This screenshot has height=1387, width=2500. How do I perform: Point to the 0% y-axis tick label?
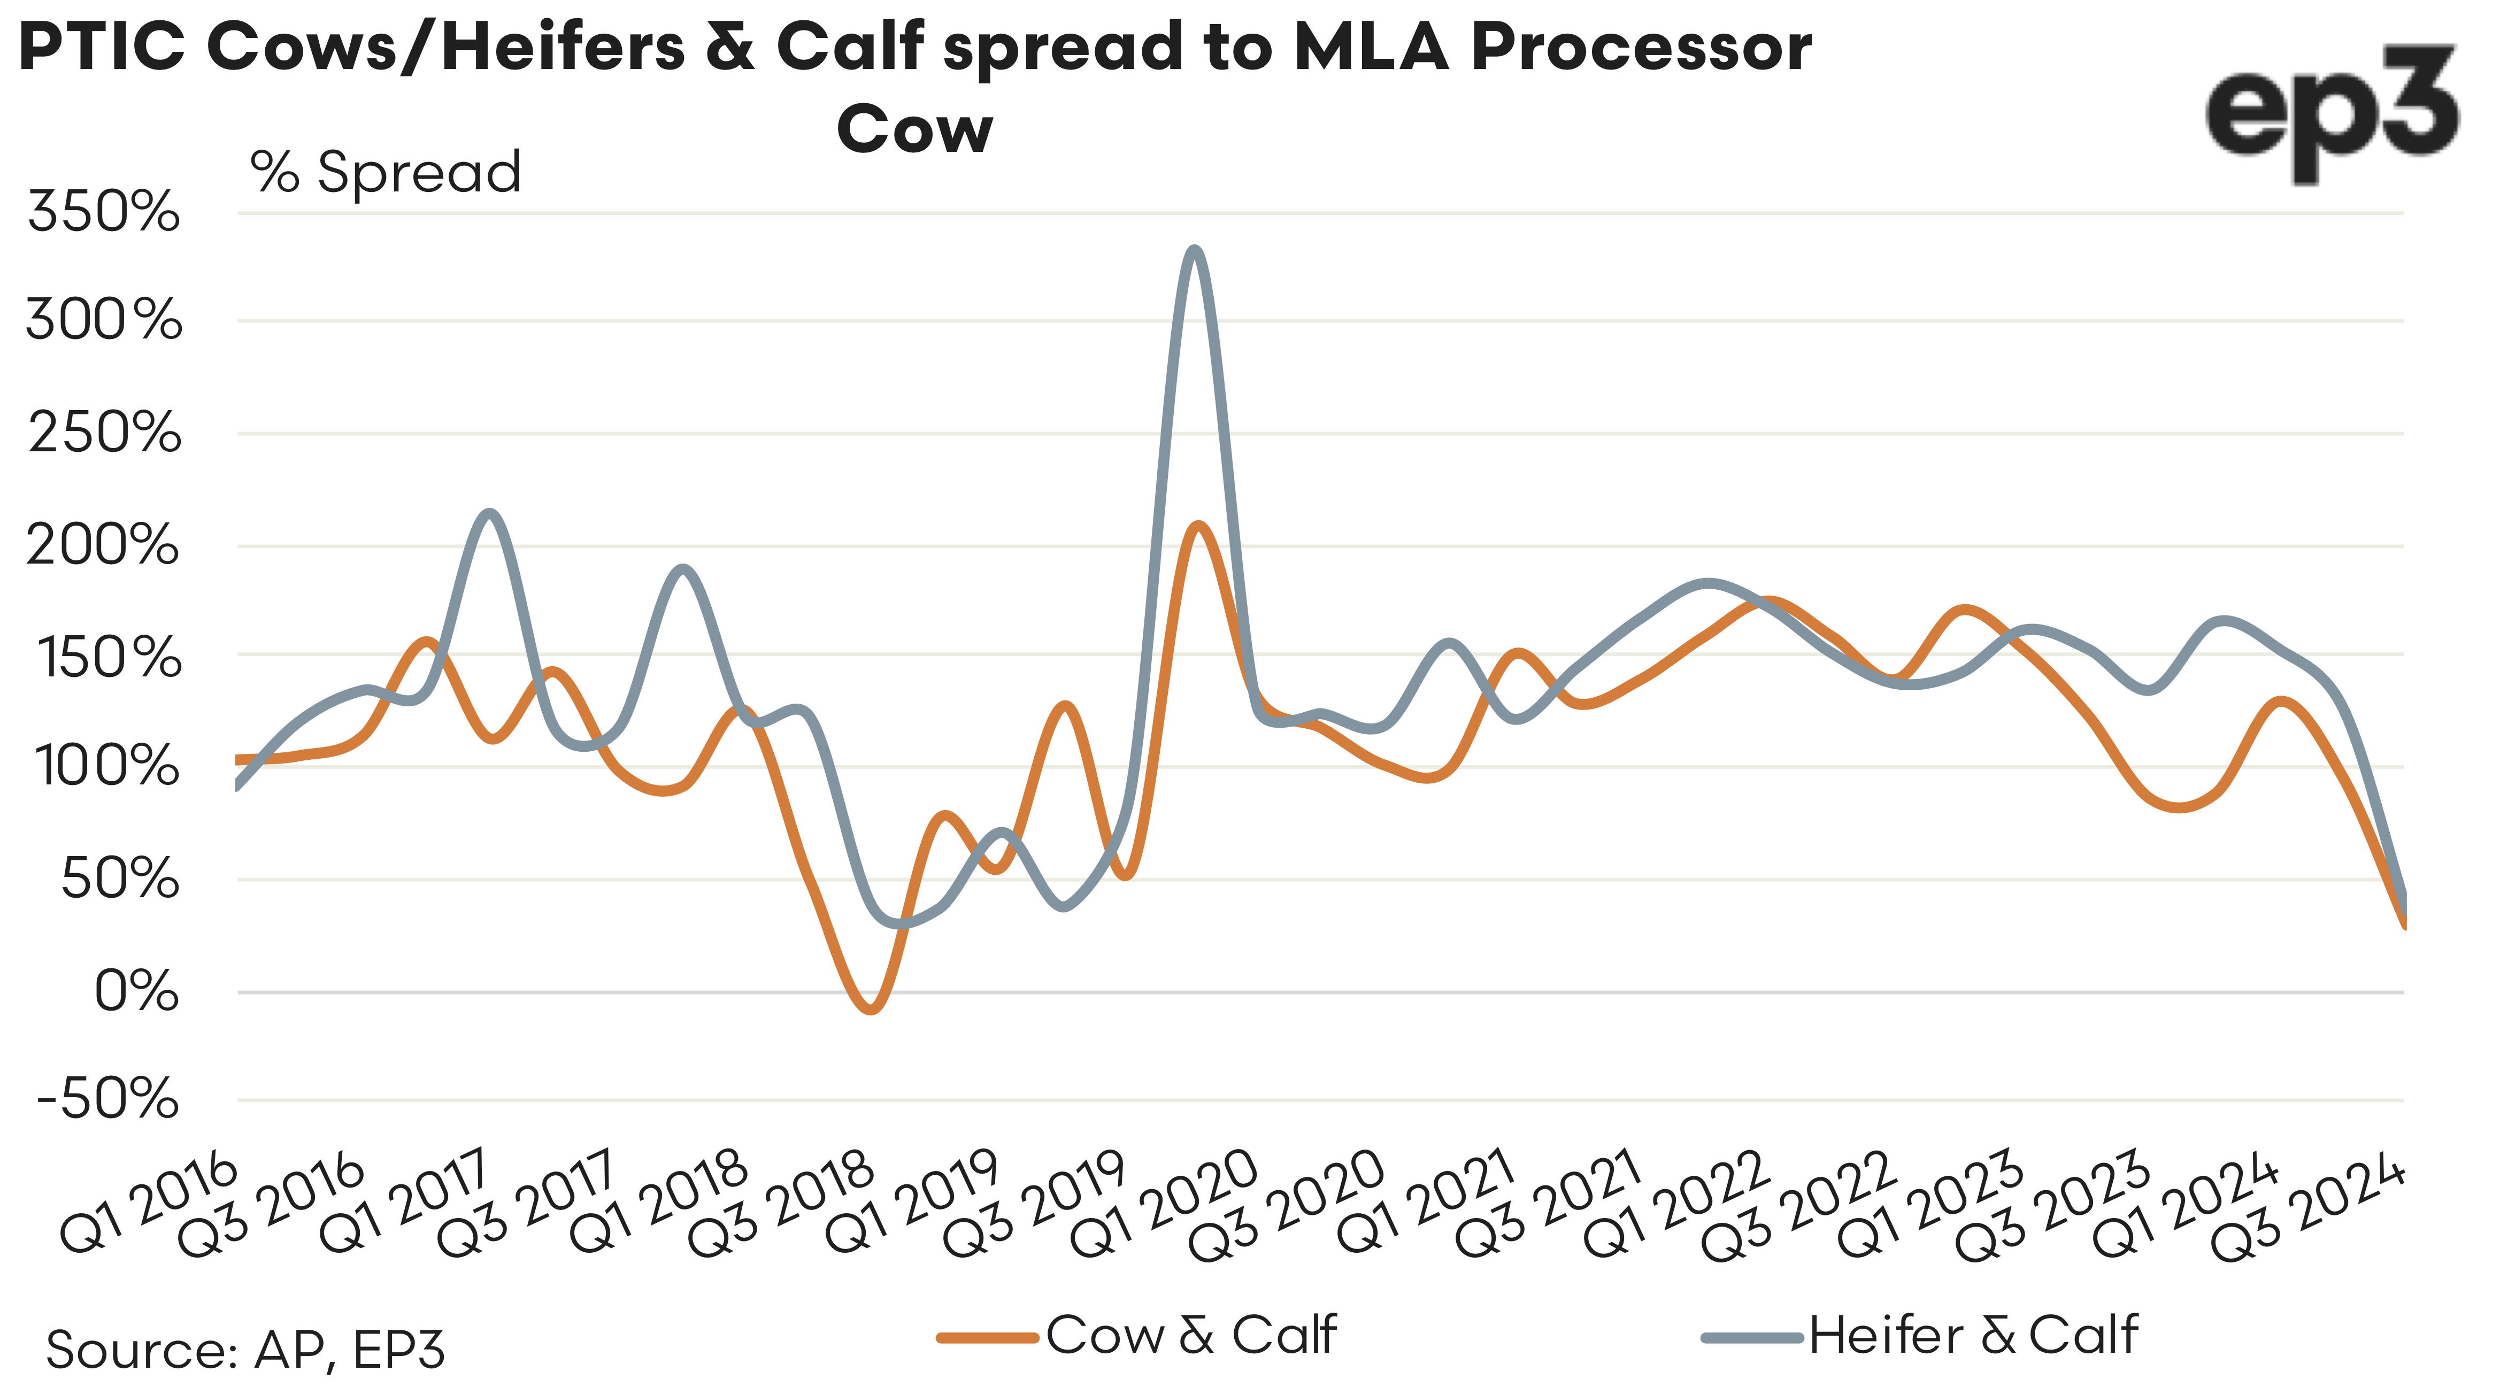(136, 992)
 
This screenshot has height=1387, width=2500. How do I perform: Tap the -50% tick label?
(107, 1100)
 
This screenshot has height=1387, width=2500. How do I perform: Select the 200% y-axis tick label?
(103, 545)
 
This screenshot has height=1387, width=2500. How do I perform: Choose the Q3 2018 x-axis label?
(781, 1204)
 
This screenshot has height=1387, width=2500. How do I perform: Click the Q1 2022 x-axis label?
(1674, 1204)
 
